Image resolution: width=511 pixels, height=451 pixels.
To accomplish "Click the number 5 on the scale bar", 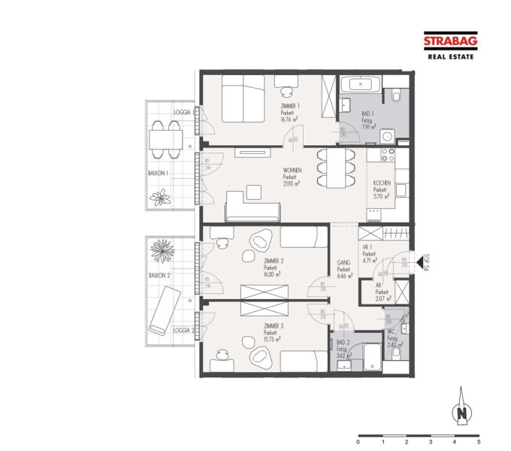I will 478,443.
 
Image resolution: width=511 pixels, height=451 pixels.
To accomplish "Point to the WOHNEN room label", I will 292,171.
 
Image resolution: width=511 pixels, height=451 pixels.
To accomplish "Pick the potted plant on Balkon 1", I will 161,198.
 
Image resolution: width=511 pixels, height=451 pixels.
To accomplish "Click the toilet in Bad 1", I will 396,96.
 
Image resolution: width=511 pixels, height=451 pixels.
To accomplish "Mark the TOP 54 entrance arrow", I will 422,258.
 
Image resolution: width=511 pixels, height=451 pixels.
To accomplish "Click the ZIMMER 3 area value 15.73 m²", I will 272,339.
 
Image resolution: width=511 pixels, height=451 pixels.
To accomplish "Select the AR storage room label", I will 382,292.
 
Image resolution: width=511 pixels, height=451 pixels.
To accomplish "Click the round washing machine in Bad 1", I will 388,137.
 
